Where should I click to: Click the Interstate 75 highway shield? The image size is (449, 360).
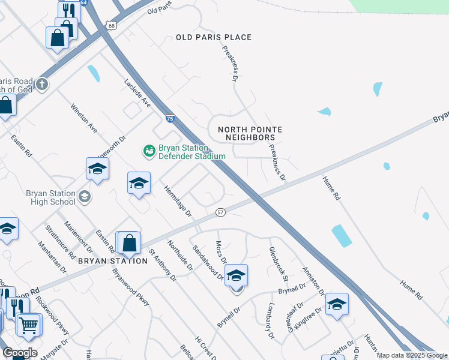(x=170, y=119)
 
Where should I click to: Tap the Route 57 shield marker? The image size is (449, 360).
(x=220, y=212)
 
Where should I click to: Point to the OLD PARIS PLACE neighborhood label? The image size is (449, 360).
(x=213, y=37)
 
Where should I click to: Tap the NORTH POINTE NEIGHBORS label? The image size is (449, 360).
(x=249, y=133)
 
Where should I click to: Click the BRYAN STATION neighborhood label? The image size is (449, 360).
(x=112, y=261)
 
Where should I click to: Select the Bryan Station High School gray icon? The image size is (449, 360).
(x=85, y=196)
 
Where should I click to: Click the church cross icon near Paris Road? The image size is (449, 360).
(x=41, y=84)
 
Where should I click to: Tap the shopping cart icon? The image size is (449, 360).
(x=28, y=326)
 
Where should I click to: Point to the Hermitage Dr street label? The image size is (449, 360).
(x=178, y=201)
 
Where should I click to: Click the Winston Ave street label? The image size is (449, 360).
(x=83, y=118)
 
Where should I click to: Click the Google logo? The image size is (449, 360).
(x=20, y=353)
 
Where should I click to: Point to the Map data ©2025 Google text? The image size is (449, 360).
(x=411, y=355)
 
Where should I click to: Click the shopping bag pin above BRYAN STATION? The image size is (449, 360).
(x=129, y=243)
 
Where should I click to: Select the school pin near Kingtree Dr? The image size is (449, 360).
(x=337, y=305)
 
